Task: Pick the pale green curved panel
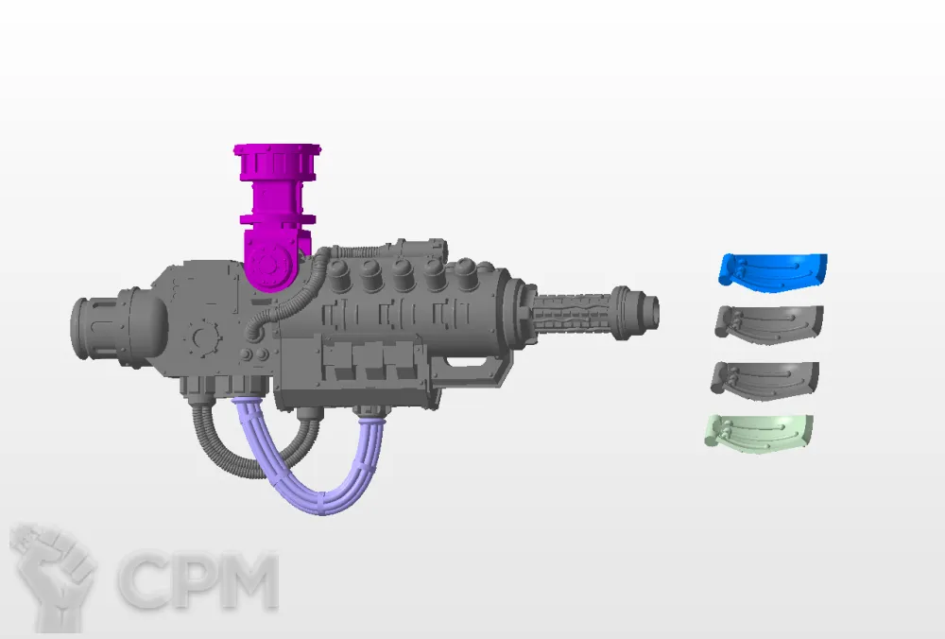coord(760,432)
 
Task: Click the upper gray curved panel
coord(769,324)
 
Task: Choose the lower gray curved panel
coord(765,380)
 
